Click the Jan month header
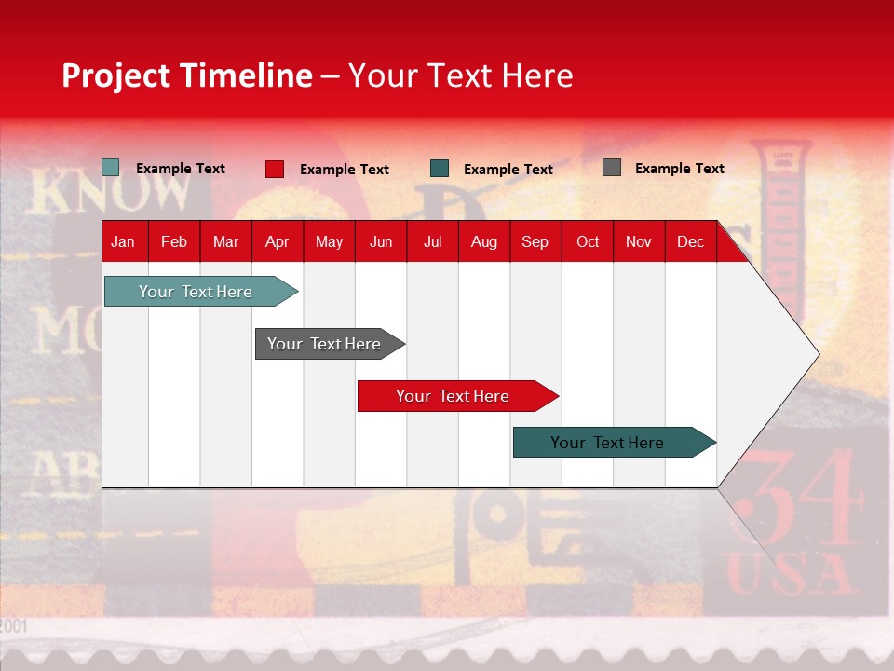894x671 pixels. click(x=123, y=241)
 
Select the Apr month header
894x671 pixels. click(x=277, y=241)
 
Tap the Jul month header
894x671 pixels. click(x=432, y=241)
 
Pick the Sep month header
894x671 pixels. click(x=535, y=241)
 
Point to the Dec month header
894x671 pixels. click(x=690, y=241)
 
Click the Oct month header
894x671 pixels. click(x=588, y=241)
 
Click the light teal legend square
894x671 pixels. click(x=110, y=168)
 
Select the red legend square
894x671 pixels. click(x=275, y=169)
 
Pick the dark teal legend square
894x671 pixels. click(x=440, y=169)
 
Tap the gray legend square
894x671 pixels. click(x=612, y=168)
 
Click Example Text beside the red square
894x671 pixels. click(x=345, y=170)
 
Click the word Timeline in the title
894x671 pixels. click(x=247, y=75)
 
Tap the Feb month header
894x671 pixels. click(x=174, y=241)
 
